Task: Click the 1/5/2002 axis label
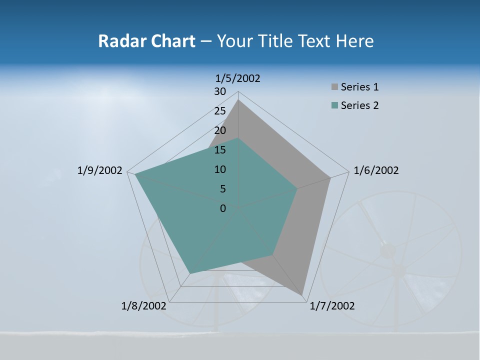[238, 78]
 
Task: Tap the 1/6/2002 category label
[376, 170]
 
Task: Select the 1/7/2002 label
[332, 306]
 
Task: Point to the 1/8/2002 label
[143, 306]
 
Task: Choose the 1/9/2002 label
[99, 170]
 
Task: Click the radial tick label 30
[220, 91]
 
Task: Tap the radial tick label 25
[220, 111]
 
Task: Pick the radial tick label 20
[220, 130]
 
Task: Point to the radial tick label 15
[220, 150]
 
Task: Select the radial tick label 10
[220, 169]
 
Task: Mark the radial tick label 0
[223, 208]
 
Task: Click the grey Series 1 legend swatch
[334, 87]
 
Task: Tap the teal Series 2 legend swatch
[334, 105]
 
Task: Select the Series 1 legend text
[359, 87]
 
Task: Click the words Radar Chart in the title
[146, 41]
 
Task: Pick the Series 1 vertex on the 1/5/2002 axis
[238, 99]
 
